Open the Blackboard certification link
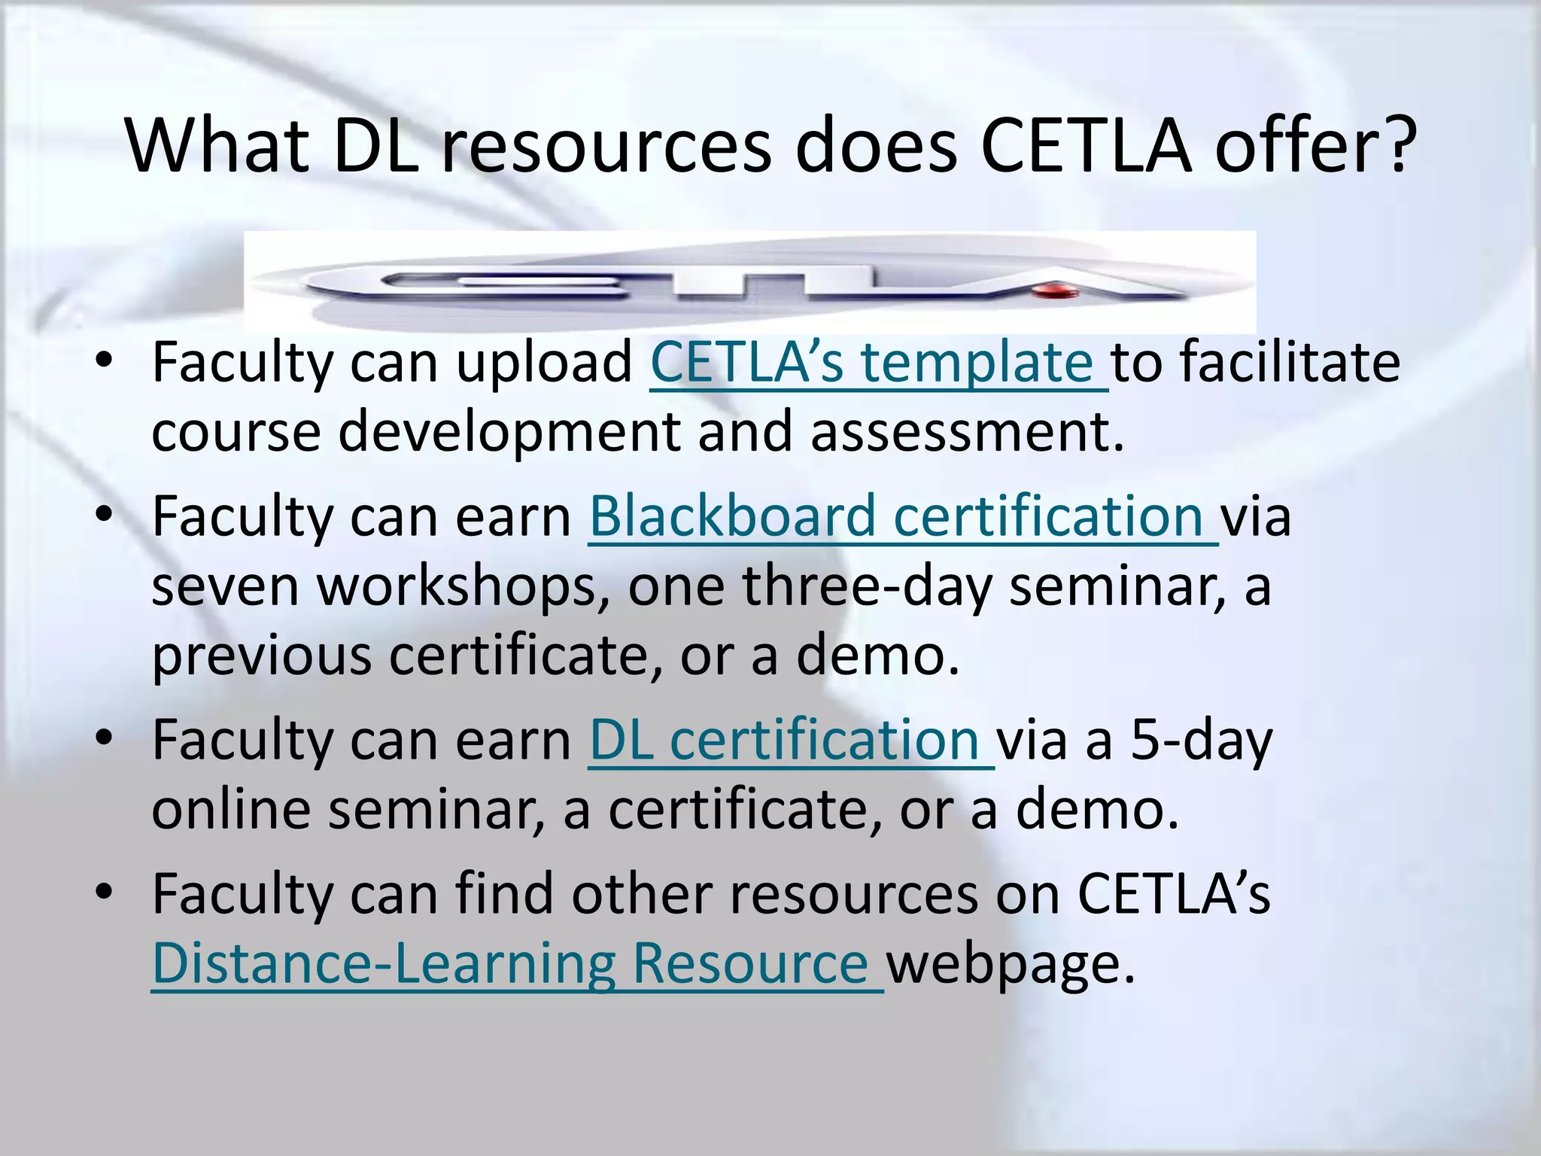coord(895,517)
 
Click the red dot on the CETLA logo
coord(1055,290)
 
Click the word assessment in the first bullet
coord(967,432)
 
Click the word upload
coord(545,363)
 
